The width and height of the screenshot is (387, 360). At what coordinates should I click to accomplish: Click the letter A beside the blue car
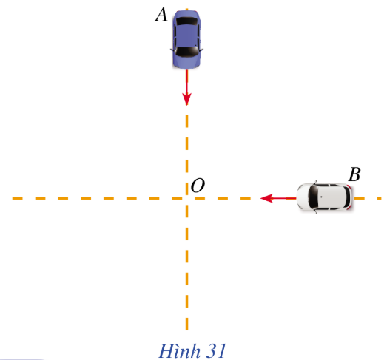pyautogui.click(x=161, y=14)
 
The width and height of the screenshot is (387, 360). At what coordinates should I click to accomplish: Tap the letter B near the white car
pyautogui.click(x=354, y=174)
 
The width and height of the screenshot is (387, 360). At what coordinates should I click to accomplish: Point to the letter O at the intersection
pyautogui.click(x=198, y=186)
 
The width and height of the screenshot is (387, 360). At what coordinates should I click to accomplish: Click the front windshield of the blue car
pyautogui.click(x=186, y=51)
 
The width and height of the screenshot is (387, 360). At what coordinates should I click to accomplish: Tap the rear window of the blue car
pyautogui.click(x=186, y=21)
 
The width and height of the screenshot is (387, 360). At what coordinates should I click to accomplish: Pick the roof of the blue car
pyautogui.click(x=186, y=35)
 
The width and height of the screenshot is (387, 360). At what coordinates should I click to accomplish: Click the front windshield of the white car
pyautogui.click(x=313, y=198)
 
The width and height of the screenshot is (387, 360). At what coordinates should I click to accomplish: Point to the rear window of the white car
pyautogui.click(x=348, y=198)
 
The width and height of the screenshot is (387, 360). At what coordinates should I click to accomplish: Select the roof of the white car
pyautogui.click(x=332, y=198)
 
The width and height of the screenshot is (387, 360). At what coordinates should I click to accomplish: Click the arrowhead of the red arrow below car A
pyautogui.click(x=186, y=99)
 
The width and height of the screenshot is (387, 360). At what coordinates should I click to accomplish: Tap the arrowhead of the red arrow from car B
pyautogui.click(x=267, y=198)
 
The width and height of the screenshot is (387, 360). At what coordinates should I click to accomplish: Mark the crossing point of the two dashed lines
pyautogui.click(x=186, y=198)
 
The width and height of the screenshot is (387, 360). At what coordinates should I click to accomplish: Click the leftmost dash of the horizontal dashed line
pyautogui.click(x=18, y=199)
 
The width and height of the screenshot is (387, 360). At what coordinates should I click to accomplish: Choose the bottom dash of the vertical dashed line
pyautogui.click(x=186, y=325)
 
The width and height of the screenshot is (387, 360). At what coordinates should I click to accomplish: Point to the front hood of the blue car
pyautogui.click(x=186, y=62)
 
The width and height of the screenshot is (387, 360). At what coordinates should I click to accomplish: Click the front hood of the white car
pyautogui.click(x=303, y=197)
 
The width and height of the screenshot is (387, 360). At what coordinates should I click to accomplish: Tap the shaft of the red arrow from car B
pyautogui.click(x=284, y=198)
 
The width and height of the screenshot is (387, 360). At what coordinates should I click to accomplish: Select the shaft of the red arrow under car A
pyautogui.click(x=186, y=81)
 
